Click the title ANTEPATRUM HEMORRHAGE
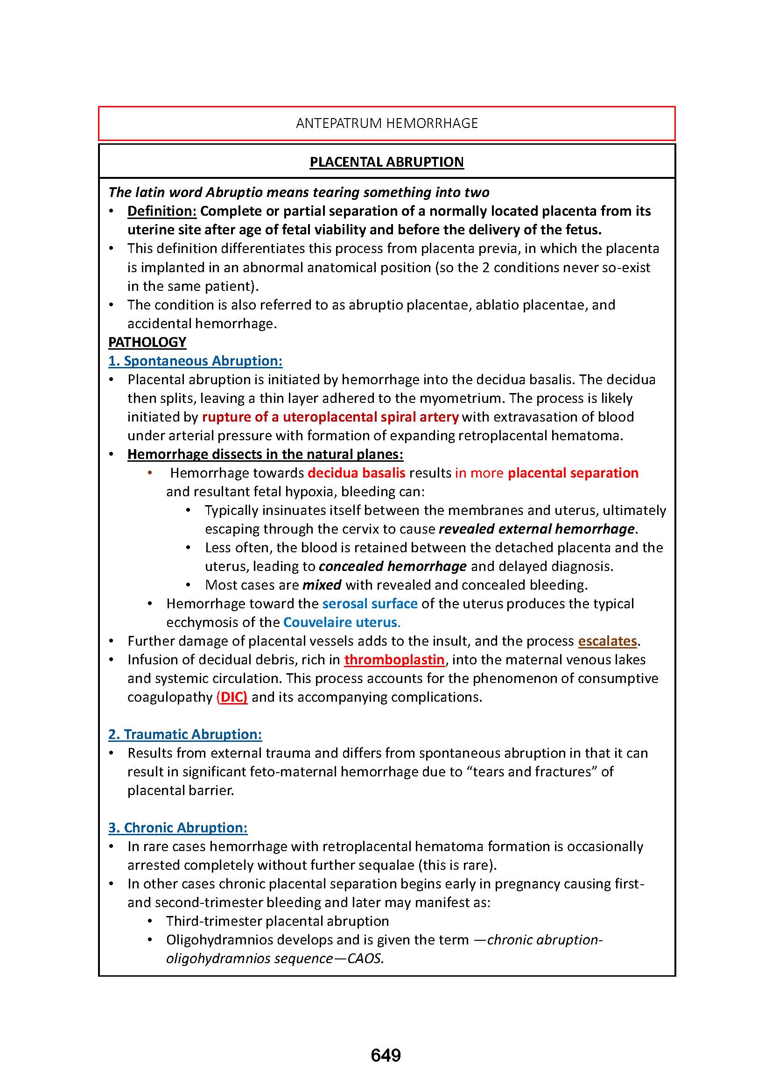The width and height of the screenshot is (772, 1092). (x=386, y=123)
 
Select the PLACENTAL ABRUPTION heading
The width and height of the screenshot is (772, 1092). (x=386, y=162)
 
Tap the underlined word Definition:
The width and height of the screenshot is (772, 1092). (x=161, y=211)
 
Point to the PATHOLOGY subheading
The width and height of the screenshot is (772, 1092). (x=147, y=342)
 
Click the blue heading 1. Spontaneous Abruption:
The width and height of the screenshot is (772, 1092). (x=196, y=361)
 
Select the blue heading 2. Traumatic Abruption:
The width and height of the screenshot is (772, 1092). (x=185, y=734)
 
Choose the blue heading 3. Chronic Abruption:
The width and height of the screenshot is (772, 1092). (x=178, y=828)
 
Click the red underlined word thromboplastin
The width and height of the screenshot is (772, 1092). (x=394, y=660)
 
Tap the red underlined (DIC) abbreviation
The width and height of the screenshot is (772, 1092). (x=232, y=697)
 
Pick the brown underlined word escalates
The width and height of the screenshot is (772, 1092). (x=607, y=641)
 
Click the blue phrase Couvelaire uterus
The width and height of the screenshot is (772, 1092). (x=341, y=623)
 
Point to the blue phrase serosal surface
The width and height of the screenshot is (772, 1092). (x=370, y=604)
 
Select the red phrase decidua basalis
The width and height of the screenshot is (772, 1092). (x=357, y=473)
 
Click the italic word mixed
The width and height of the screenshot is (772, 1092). (x=322, y=585)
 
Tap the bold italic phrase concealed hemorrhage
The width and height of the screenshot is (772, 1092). (x=393, y=566)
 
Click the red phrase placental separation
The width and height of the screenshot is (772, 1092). (x=573, y=473)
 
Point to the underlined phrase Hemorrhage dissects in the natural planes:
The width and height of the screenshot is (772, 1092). (x=265, y=455)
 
